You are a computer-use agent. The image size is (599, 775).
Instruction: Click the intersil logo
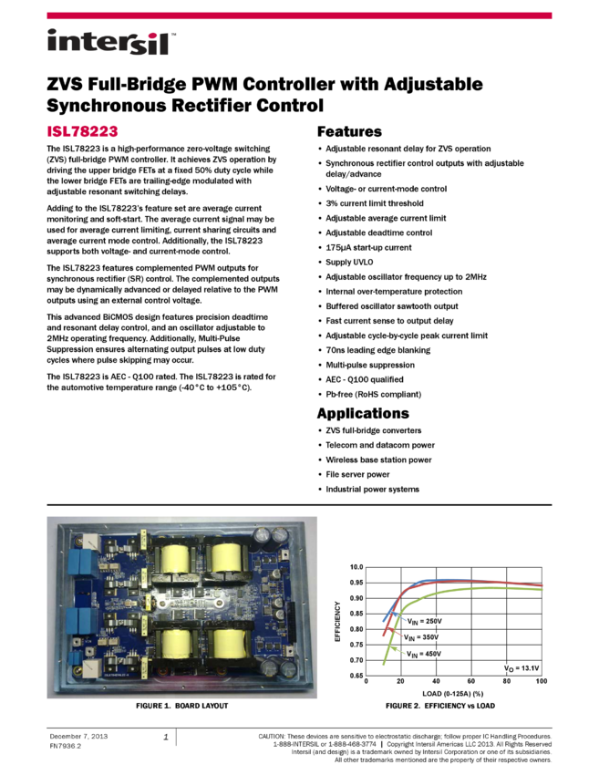[111, 43]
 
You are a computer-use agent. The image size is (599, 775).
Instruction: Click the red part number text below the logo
[82, 131]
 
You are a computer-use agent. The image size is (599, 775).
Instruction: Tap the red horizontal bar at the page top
[299, 15]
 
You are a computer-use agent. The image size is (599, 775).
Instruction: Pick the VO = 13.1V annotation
[522, 668]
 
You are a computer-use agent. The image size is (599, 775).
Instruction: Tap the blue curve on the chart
[447, 580]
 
